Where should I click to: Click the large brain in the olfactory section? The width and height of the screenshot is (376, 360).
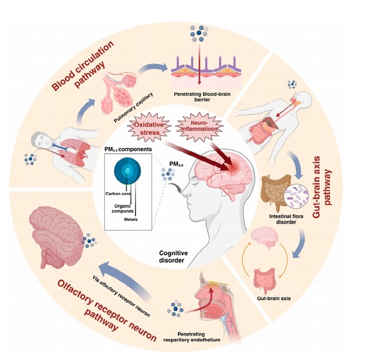click(x=57, y=227)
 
